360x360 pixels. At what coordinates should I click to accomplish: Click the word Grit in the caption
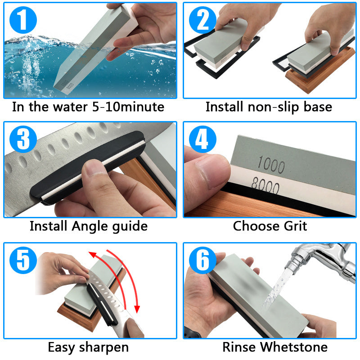(292, 225)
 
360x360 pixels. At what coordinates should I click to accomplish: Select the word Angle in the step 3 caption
(93, 226)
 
